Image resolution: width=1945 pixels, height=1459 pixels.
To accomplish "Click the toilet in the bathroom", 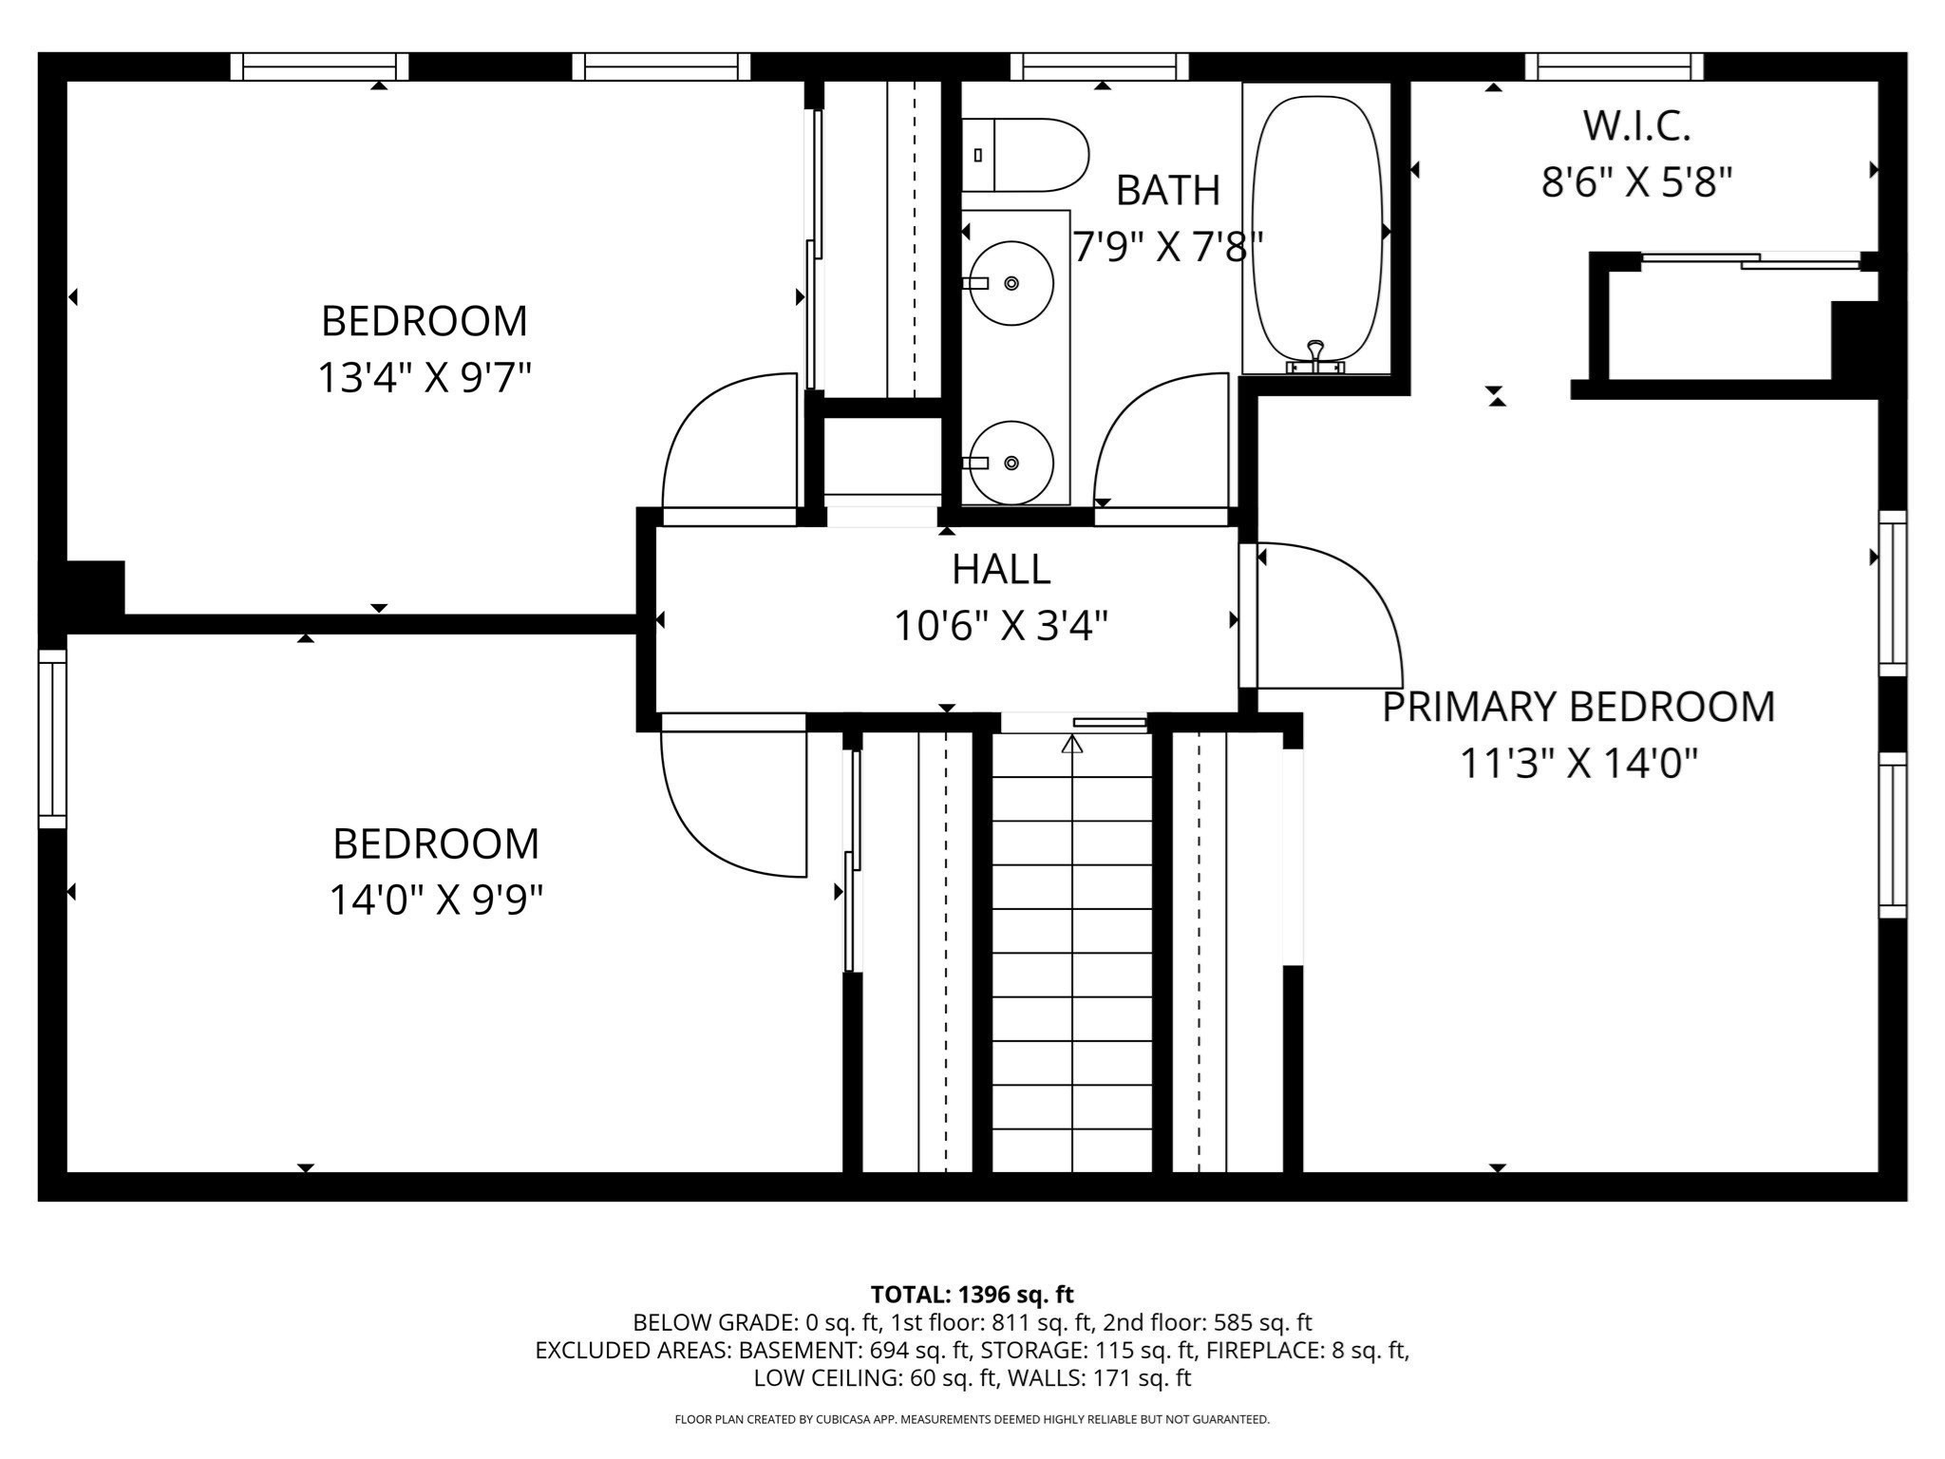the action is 1025,155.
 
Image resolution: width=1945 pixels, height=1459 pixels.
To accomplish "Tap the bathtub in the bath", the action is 1316,229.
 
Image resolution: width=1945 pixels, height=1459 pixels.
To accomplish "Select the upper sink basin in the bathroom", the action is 1011,283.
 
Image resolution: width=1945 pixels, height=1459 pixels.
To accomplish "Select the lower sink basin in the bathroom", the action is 1011,463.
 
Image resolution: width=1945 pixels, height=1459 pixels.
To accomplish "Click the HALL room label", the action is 1001,569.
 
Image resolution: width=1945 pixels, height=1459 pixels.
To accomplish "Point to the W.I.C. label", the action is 1636,125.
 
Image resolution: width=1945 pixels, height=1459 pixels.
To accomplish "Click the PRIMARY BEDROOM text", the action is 1578,707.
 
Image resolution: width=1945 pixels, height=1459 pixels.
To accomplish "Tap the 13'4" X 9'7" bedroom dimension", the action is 424,378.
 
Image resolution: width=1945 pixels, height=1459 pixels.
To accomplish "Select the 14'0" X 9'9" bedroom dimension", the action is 436,900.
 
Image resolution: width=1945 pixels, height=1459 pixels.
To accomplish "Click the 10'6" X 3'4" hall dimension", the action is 1001,626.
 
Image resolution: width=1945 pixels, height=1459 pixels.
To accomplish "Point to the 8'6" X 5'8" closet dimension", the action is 1636,181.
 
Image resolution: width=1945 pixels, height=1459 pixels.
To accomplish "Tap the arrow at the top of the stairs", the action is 1072,743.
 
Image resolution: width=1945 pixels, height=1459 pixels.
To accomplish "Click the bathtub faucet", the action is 1315,357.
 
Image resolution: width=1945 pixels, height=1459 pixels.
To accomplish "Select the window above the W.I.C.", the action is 1615,66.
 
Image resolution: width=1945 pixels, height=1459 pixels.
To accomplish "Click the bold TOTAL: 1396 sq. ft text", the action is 972,1295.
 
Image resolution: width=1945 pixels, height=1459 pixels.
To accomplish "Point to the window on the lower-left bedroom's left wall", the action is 52,739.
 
